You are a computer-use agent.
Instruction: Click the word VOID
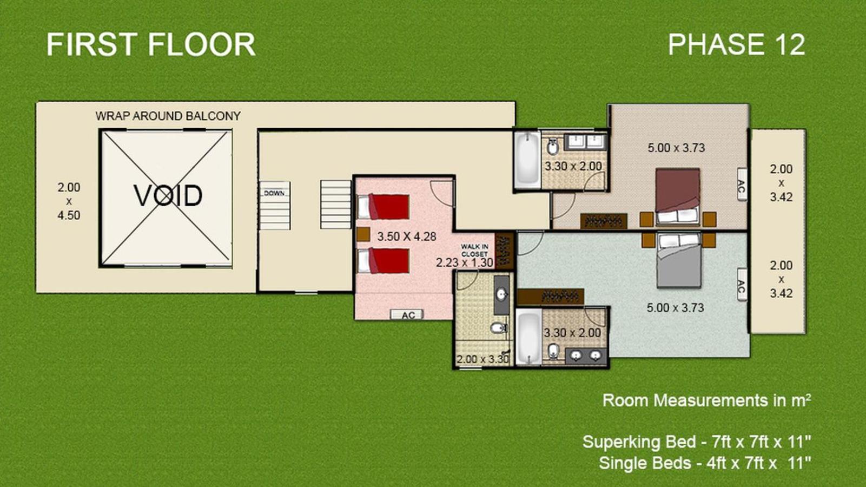point(168,195)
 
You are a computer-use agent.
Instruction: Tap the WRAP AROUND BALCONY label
point(168,116)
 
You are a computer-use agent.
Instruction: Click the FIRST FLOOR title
point(151,44)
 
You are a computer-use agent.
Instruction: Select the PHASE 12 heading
point(737,44)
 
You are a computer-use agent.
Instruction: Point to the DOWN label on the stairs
point(274,193)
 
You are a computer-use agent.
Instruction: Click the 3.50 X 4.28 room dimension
point(407,236)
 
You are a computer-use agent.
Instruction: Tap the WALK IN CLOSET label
point(474,251)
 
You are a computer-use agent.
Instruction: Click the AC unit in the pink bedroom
point(407,315)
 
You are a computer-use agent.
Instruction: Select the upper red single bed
point(384,207)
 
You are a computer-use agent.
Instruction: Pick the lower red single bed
point(384,261)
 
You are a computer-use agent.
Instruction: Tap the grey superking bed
point(679,260)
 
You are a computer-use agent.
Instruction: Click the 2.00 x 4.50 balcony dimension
point(69,201)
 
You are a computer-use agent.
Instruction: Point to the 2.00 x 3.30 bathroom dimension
point(482,359)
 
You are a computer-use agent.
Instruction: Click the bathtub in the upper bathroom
point(527,160)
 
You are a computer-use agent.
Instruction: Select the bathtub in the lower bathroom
point(528,337)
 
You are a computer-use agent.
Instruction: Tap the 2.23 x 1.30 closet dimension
point(465,262)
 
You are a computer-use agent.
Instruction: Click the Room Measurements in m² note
point(706,400)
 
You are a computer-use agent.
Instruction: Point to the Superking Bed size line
point(696,442)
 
